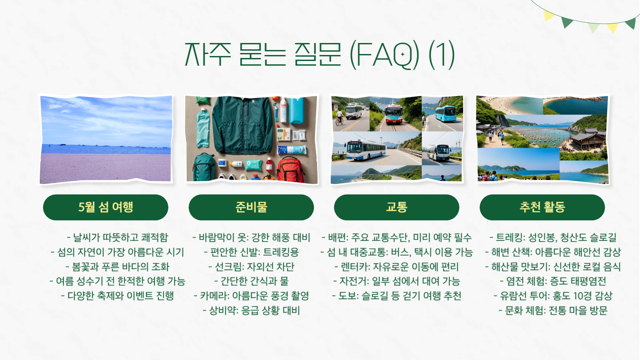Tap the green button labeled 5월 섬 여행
pos(106,207)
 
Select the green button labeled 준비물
pos(251,207)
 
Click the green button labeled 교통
pos(396,207)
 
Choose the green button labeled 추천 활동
pos(542,207)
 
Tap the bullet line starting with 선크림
pos(251,267)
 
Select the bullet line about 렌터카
pos(397,267)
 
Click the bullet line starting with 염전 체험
pos(553,281)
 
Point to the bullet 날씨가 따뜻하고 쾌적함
pos(118,237)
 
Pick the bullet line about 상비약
pos(251,310)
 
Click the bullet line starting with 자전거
pos(397,281)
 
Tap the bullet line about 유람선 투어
pos(553,296)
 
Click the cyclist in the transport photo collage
pos(339,117)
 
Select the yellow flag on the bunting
pos(548,15)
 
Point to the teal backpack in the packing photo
pos(204,167)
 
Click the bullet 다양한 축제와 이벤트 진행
pos(118,296)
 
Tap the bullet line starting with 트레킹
pos(553,237)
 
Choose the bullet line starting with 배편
pos(397,237)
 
